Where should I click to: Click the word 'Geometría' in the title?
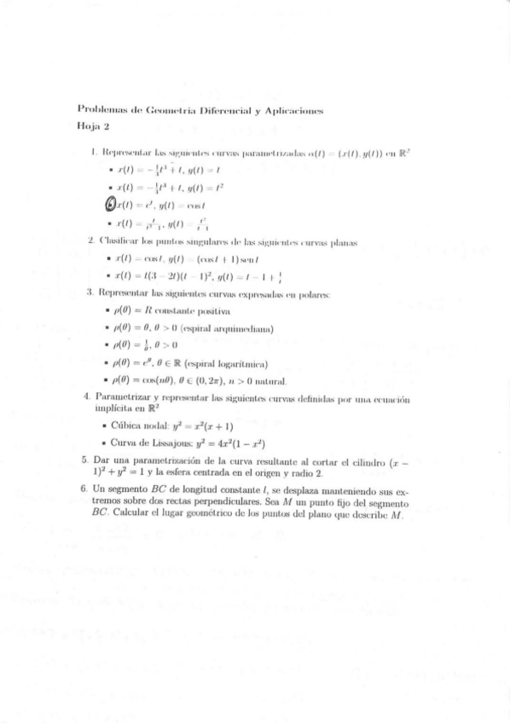pos(170,110)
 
